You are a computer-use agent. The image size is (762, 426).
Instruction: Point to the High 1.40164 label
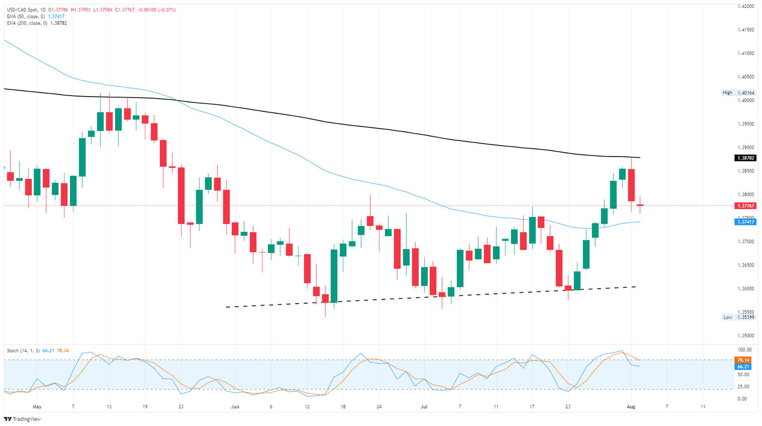[738, 93]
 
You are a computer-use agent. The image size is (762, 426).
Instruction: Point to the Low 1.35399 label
[738, 317]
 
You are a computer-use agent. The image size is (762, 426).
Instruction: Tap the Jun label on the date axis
[235, 407]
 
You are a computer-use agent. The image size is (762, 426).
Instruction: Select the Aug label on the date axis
[631, 407]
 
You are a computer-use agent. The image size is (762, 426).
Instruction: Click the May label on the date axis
[37, 407]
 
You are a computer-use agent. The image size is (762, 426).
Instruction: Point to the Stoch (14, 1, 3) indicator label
[23, 351]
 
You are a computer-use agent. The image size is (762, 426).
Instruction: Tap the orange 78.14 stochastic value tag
[743, 360]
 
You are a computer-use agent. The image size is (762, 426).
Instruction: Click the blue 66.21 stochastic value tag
[743, 367]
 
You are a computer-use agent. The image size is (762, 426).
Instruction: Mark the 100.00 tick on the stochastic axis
[743, 350]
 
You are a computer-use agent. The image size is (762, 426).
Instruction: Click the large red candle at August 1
[632, 185]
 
